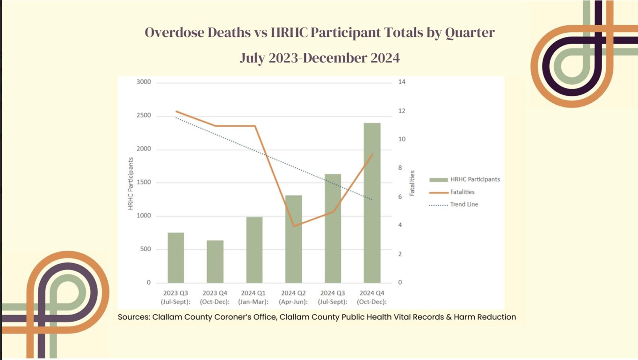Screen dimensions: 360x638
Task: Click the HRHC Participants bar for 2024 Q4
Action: pyautogui.click(x=372, y=203)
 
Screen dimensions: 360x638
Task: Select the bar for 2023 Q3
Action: pyautogui.click(x=176, y=258)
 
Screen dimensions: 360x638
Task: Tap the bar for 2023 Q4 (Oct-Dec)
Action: pyautogui.click(x=215, y=261)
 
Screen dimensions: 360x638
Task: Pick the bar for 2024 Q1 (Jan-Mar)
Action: pyautogui.click(x=254, y=250)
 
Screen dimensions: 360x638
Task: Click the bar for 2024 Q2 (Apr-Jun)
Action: pyautogui.click(x=294, y=239)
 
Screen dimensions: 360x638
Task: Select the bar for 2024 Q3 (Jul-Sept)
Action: pyautogui.click(x=333, y=229)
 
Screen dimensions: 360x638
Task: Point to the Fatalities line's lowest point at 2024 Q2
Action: pyautogui.click(x=294, y=226)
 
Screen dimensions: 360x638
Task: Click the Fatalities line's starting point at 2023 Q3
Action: pyautogui.click(x=176, y=111)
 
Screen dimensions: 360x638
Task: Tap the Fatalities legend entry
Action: pyautogui.click(x=462, y=192)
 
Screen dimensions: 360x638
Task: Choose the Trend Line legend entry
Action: pyautogui.click(x=464, y=204)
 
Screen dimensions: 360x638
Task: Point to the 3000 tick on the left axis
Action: pyautogui.click(x=144, y=82)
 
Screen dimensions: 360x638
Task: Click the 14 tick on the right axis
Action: pyautogui.click(x=402, y=82)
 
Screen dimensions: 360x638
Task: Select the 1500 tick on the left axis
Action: pyautogui.click(x=144, y=182)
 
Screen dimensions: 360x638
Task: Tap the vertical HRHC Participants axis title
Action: pyautogui.click(x=131, y=183)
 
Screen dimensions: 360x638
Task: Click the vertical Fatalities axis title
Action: pyautogui.click(x=412, y=183)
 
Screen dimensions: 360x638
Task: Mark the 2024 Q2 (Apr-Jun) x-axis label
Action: pyautogui.click(x=294, y=297)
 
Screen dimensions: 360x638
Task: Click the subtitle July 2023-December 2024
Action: pyautogui.click(x=319, y=58)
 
